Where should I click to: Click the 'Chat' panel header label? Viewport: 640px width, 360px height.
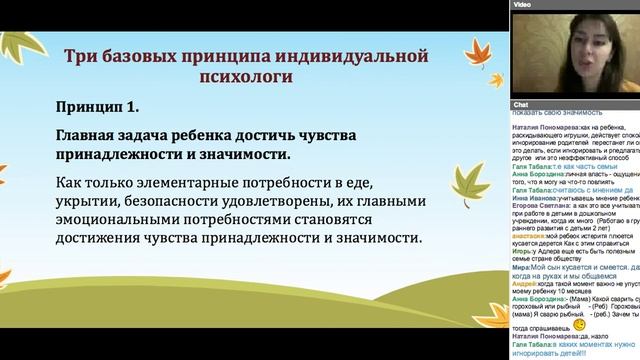click(x=521, y=104)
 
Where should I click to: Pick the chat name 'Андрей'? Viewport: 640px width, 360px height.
click(x=524, y=284)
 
